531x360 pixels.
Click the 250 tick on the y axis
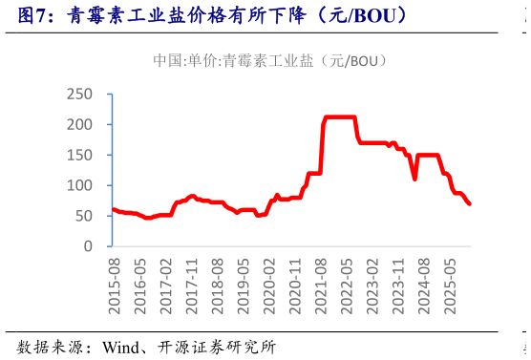80,94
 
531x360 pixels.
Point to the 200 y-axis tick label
80,124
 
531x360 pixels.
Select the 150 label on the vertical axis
80,155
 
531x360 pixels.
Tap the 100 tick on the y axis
80,185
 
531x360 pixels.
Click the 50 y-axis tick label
84,216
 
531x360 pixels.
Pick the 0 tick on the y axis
88,246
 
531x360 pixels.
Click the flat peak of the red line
340,117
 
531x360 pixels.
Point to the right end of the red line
470,203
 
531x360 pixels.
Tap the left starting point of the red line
113,209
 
